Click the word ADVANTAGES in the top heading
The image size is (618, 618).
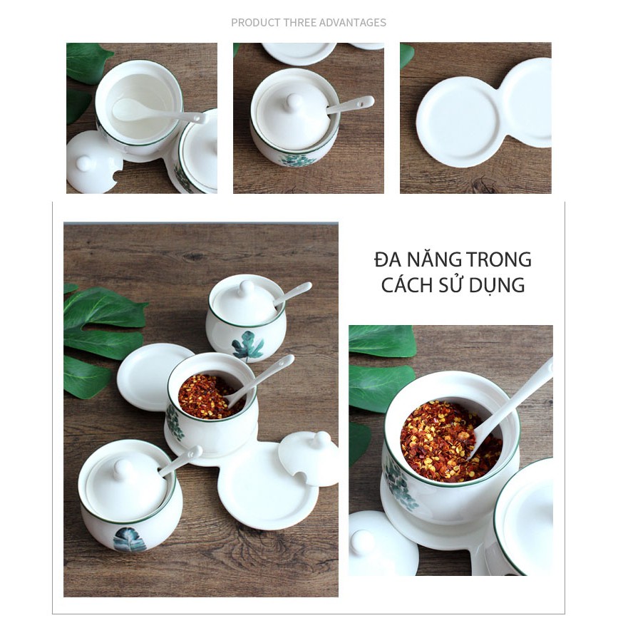coord(352,23)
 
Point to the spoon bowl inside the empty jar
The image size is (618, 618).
coord(129,109)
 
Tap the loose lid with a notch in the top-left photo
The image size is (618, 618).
coord(94,163)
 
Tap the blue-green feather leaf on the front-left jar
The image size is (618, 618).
coord(130,540)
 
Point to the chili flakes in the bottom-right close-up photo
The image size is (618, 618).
coord(449,441)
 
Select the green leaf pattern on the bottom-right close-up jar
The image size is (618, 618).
coord(399,484)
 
